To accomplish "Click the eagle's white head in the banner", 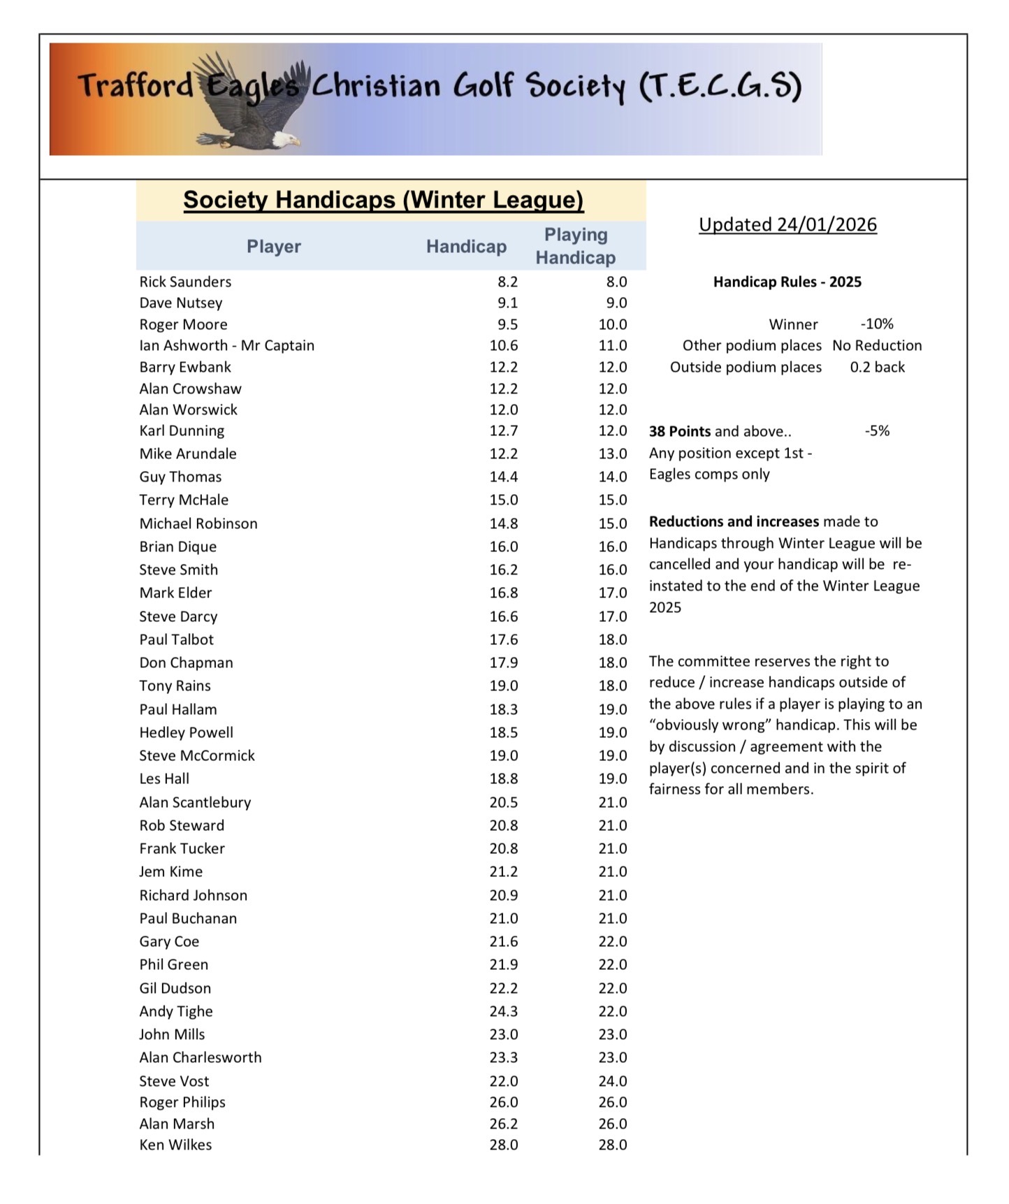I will pyautogui.click(x=284, y=138).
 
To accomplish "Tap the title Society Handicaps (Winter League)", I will pyautogui.click(x=383, y=200).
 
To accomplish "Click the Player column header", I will pyautogui.click(x=273, y=246).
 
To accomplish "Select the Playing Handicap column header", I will pyautogui.click(x=575, y=246).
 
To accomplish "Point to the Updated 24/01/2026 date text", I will pyautogui.click(x=787, y=224).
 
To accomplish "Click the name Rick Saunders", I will pyautogui.click(x=185, y=282).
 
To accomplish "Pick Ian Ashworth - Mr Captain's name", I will pyautogui.click(x=226, y=345).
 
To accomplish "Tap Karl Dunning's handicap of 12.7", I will pyautogui.click(x=503, y=430).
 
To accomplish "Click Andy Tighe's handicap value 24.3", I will pyautogui.click(x=503, y=1011).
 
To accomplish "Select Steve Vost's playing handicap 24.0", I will pyautogui.click(x=612, y=1081).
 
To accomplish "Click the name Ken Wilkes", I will pyautogui.click(x=175, y=1145).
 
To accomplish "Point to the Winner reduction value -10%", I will pyautogui.click(x=877, y=324).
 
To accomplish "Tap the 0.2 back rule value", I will pyautogui.click(x=877, y=367).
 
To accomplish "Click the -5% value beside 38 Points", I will pyautogui.click(x=877, y=430).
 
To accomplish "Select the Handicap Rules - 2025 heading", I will pyautogui.click(x=787, y=282).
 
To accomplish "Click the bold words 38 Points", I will pyautogui.click(x=679, y=431).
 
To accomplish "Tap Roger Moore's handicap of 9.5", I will pyautogui.click(x=503, y=324).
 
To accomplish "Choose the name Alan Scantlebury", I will pyautogui.click(x=195, y=802).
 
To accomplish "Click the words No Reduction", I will pyautogui.click(x=877, y=345).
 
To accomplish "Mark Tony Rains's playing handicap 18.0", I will pyautogui.click(x=612, y=686).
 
